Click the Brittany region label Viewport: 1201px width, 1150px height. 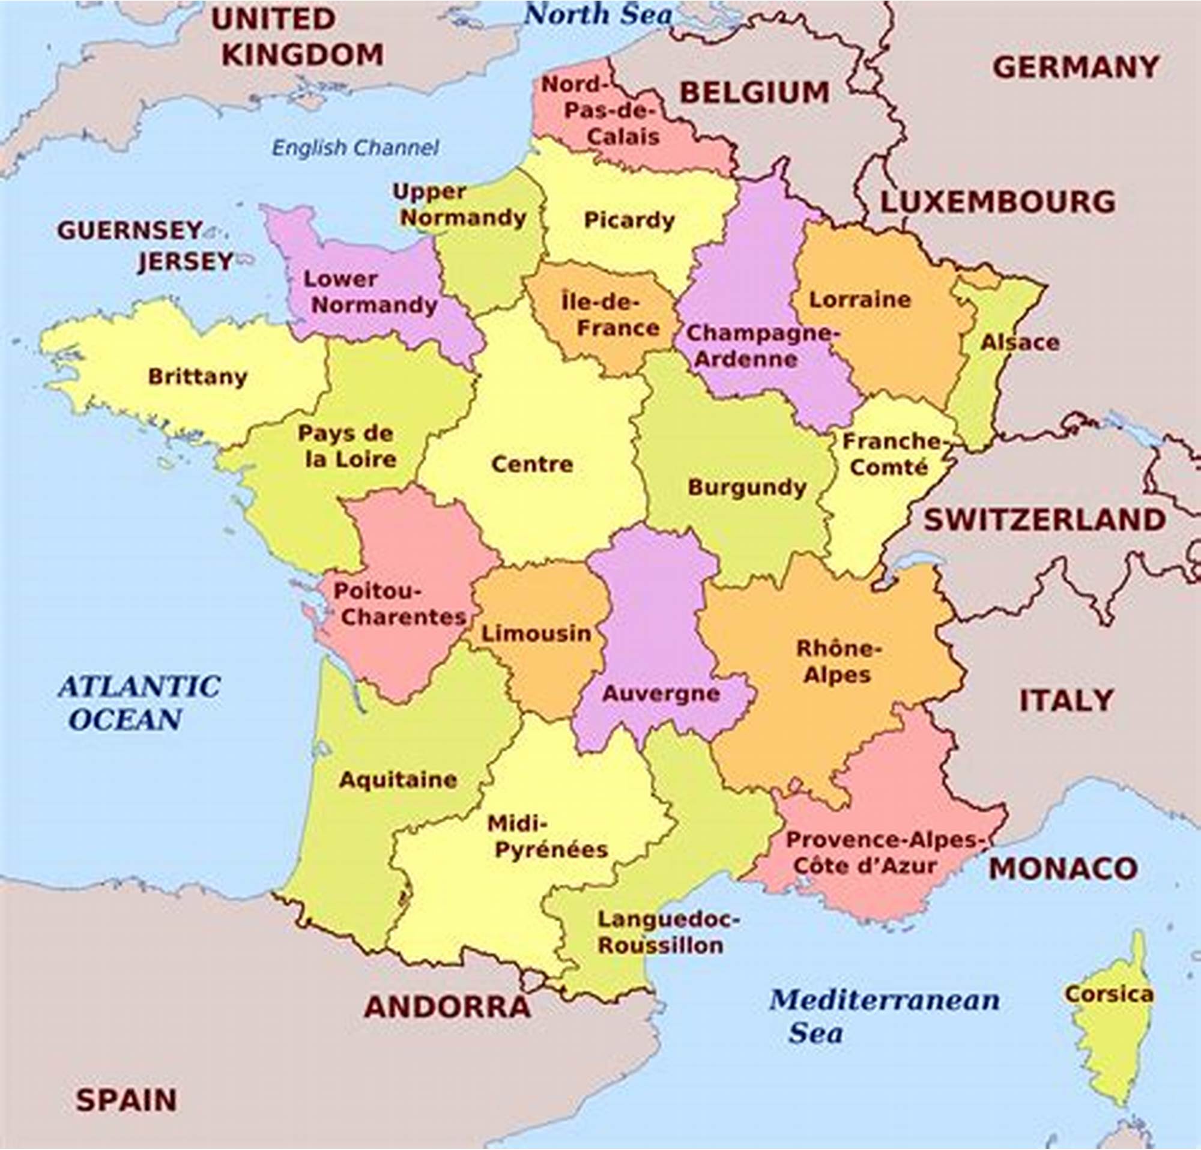[198, 376]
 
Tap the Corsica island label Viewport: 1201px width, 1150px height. [1109, 994]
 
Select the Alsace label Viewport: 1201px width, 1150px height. [1020, 342]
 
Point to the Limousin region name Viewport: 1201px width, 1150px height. [536, 634]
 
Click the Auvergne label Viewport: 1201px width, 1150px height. [661, 694]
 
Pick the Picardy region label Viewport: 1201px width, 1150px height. [629, 220]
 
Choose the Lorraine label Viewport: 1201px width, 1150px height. [860, 300]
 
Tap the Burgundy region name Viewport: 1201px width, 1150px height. [747, 488]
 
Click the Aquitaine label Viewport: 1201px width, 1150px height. [398, 779]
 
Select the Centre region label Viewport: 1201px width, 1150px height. [532, 464]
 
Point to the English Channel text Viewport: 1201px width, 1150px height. [355, 148]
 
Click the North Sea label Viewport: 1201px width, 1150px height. [598, 14]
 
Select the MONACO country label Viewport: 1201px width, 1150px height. [1063, 869]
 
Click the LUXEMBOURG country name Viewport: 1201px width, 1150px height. [997, 202]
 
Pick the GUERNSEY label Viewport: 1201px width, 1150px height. [130, 231]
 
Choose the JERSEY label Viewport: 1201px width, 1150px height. [185, 262]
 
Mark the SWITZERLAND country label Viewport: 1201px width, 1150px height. [1045, 520]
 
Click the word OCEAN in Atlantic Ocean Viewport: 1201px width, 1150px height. [126, 719]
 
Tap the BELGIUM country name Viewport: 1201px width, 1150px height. [754, 92]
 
